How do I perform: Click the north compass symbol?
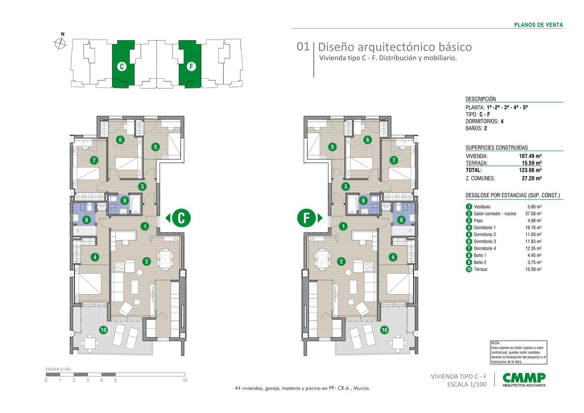tap(60, 43)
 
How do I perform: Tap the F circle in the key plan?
tap(191, 67)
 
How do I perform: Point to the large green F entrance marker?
tap(306, 218)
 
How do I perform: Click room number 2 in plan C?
tap(146, 261)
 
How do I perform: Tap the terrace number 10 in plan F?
tap(384, 330)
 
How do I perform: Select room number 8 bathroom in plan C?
tap(86, 220)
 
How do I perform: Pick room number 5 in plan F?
tap(332, 147)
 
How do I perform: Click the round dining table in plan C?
tap(166, 258)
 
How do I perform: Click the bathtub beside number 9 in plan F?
tap(352, 205)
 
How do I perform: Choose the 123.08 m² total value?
tap(531, 170)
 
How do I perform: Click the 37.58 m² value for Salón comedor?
tap(534, 214)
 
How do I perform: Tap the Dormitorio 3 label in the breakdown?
tap(485, 242)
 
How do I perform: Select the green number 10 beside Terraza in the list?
tap(469, 269)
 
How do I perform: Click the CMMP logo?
tap(524, 379)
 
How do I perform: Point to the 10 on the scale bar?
tap(185, 380)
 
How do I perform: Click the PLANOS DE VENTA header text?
tap(538, 25)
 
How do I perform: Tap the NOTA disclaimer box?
tap(519, 353)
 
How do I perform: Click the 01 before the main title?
tap(303, 47)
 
